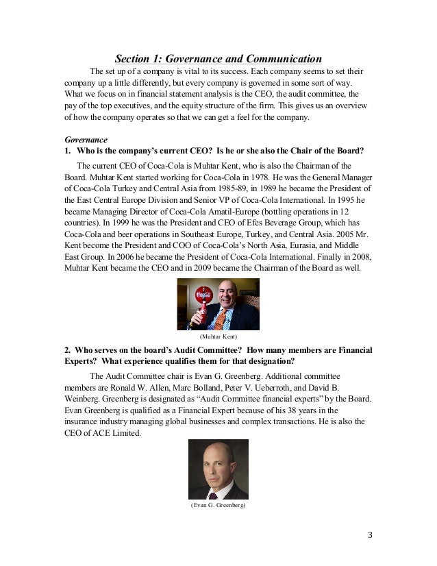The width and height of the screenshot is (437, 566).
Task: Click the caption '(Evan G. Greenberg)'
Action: (x=218, y=506)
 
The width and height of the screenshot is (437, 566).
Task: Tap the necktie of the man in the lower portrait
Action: (x=218, y=491)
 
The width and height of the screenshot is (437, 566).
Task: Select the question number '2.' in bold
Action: (x=66, y=350)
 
